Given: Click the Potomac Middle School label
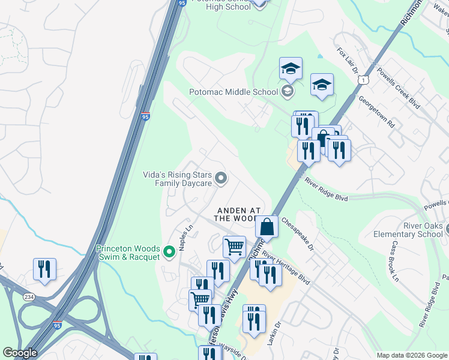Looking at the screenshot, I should point(233,92).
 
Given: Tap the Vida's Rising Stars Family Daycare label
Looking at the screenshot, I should point(177,179).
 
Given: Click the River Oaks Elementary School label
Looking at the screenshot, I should point(408,230).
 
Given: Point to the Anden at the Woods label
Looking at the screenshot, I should point(239,214).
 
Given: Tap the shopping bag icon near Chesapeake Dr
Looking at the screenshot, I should point(267,227).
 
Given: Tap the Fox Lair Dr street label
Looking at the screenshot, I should point(348,62).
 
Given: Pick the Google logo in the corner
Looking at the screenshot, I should point(20,353).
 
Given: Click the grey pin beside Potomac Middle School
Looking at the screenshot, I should point(288,91).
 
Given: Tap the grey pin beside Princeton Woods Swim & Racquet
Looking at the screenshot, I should point(169,252).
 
